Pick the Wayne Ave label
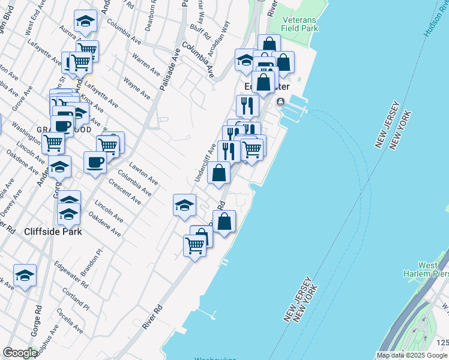(x=136, y=88)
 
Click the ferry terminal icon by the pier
(x=280, y=103)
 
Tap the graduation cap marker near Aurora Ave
(x=85, y=22)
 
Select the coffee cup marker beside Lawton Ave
(x=95, y=162)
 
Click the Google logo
(x=20, y=353)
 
